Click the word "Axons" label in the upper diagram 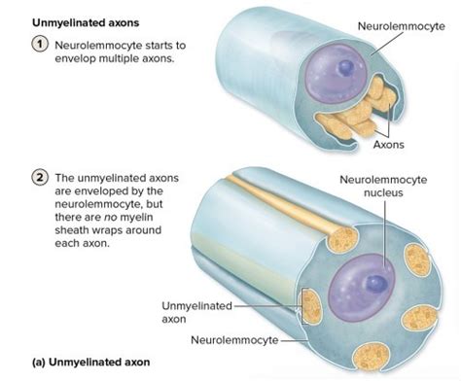pos(388,146)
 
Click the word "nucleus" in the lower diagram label pos(380,194)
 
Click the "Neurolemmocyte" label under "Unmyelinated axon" pos(232,341)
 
